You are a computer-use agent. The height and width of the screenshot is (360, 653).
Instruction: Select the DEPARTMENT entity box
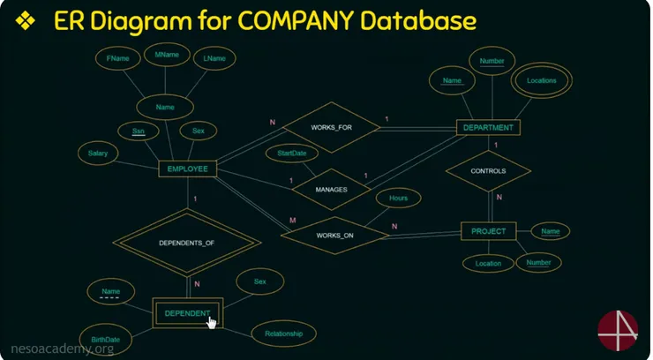click(x=488, y=128)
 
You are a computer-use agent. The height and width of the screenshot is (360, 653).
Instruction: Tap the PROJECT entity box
click(x=488, y=231)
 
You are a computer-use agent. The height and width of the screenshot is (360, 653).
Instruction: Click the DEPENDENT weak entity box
click(x=187, y=313)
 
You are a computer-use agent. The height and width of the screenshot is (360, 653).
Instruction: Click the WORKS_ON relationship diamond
click(x=334, y=236)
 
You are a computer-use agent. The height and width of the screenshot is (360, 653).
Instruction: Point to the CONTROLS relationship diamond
click(x=488, y=170)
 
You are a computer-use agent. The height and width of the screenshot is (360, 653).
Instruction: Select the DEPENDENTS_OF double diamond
click(x=186, y=242)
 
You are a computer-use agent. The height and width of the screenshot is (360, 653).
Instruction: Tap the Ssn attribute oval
click(x=139, y=131)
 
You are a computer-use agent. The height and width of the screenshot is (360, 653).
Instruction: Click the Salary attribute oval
click(x=97, y=154)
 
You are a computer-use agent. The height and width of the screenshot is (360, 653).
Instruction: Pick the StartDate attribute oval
click(x=291, y=153)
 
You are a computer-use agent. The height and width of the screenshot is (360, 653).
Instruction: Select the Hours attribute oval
click(x=398, y=199)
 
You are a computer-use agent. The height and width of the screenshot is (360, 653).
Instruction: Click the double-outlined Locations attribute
click(x=541, y=80)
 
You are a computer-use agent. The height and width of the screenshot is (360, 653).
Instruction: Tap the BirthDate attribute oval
click(x=105, y=339)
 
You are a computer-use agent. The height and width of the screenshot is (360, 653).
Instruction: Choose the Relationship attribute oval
click(x=283, y=334)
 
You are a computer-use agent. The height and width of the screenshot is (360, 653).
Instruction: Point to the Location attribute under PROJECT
click(x=488, y=263)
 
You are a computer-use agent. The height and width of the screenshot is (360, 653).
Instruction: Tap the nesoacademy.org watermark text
click(x=57, y=348)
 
